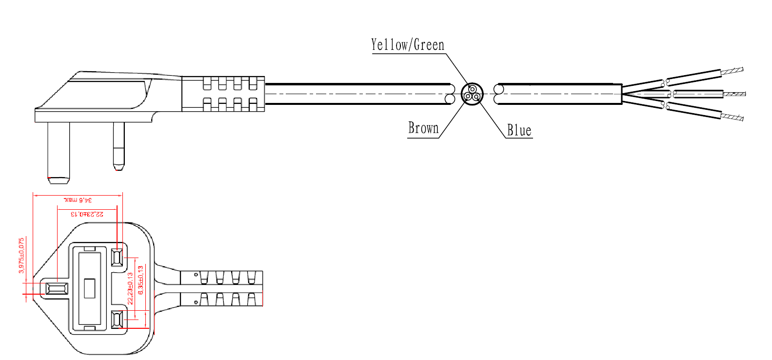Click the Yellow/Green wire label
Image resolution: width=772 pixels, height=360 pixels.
408,45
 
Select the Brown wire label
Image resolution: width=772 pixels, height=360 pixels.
423,128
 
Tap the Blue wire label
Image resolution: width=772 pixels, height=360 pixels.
519,130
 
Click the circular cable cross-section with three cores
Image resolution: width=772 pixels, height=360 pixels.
472,93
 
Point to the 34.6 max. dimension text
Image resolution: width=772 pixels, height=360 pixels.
78,200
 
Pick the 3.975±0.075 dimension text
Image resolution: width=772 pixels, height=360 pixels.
21,255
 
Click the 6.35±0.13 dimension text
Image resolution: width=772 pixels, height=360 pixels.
141,280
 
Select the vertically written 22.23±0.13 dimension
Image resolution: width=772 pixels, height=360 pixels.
130,288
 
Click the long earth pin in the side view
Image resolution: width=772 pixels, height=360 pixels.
59,151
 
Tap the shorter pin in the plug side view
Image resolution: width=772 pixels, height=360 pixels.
119,145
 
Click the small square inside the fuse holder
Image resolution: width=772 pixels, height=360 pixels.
89,288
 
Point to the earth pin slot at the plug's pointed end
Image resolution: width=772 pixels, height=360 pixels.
56,288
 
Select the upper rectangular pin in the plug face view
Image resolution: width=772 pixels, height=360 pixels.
117,257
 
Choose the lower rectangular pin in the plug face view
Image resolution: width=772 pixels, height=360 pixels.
117,320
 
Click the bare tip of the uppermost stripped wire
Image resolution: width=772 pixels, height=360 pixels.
732,71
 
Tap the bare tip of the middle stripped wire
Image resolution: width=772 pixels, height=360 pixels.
734,94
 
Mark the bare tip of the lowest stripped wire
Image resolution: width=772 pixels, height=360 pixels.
732,117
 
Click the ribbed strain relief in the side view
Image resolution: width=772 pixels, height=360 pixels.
223,94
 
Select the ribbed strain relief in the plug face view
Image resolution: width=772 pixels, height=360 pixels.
222,288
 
